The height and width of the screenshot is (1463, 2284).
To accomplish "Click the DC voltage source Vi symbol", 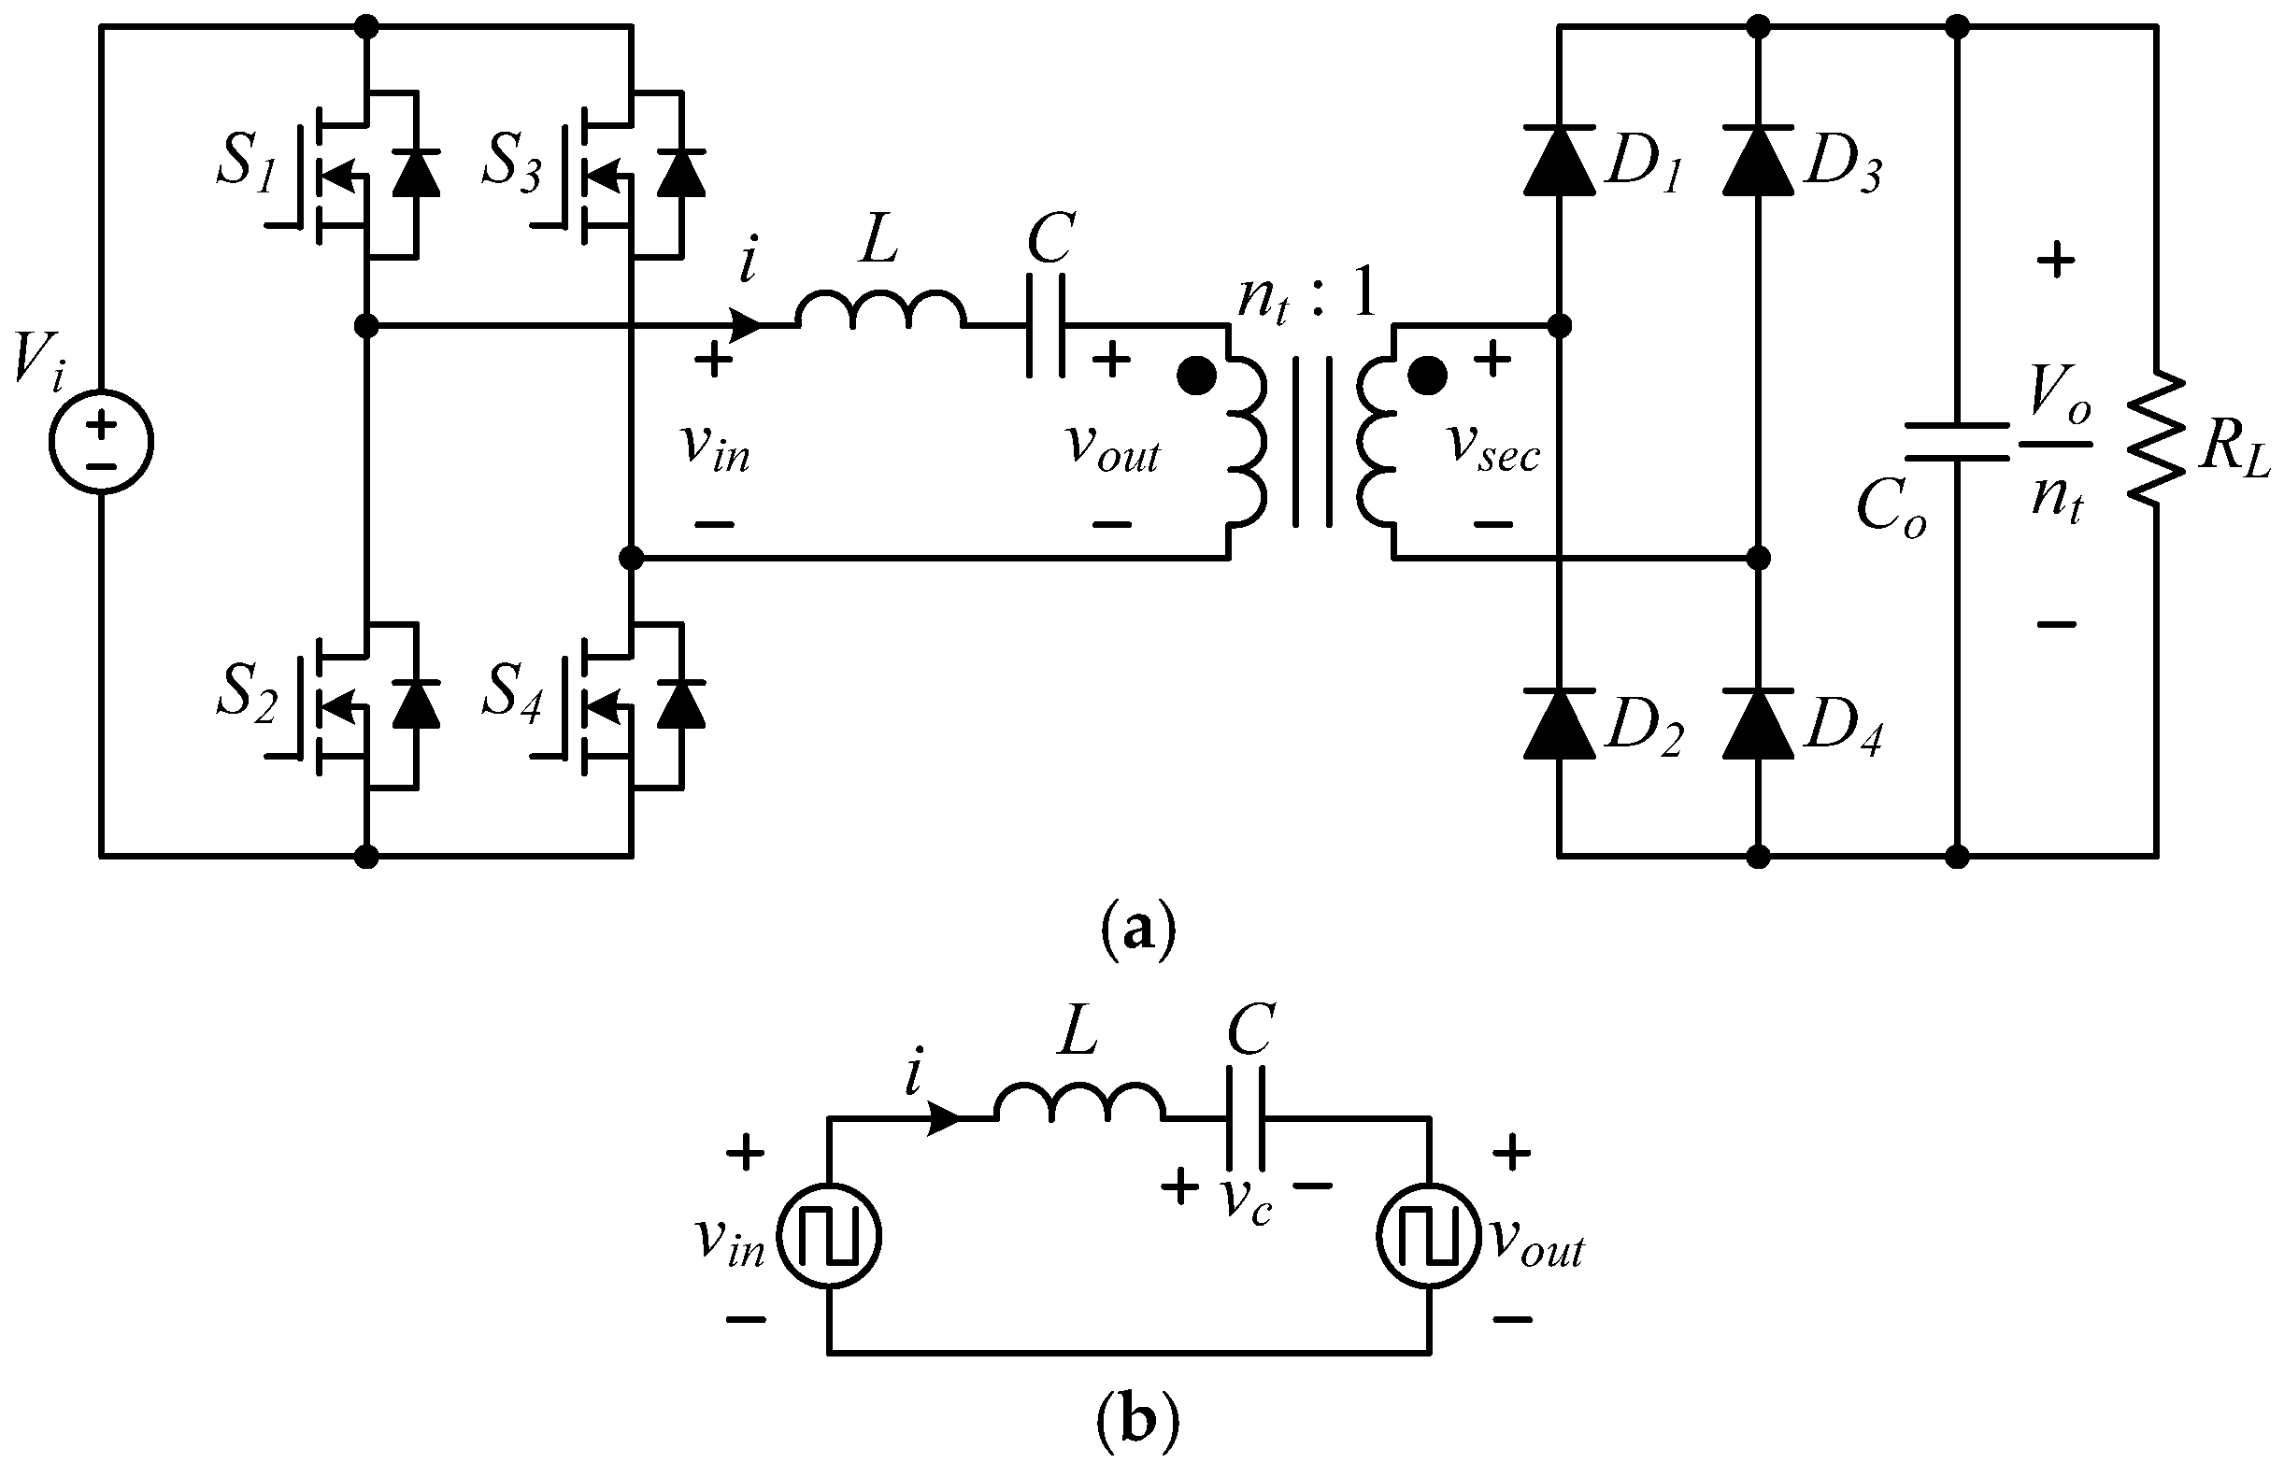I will coord(101,441).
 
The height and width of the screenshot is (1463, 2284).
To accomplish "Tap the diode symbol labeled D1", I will coord(1559,161).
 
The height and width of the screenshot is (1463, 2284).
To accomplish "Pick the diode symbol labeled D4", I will coord(1758,724).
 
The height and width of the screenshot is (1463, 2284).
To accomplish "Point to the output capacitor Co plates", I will coord(1956,442).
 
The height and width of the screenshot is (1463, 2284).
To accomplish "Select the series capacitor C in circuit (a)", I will coord(1046,326).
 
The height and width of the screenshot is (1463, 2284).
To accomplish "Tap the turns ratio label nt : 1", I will coord(1306,295).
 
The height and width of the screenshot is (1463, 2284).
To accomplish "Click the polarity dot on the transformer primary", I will coord(1195,376).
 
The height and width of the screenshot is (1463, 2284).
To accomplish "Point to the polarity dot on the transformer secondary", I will coord(1426,376).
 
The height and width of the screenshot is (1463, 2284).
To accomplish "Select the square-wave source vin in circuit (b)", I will coord(830,1236).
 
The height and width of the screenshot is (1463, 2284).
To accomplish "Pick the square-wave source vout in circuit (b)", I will coord(1429,1236).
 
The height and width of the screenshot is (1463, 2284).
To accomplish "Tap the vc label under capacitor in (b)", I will coord(1246,1201).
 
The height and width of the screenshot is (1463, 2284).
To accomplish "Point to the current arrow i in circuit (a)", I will coord(745,326).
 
